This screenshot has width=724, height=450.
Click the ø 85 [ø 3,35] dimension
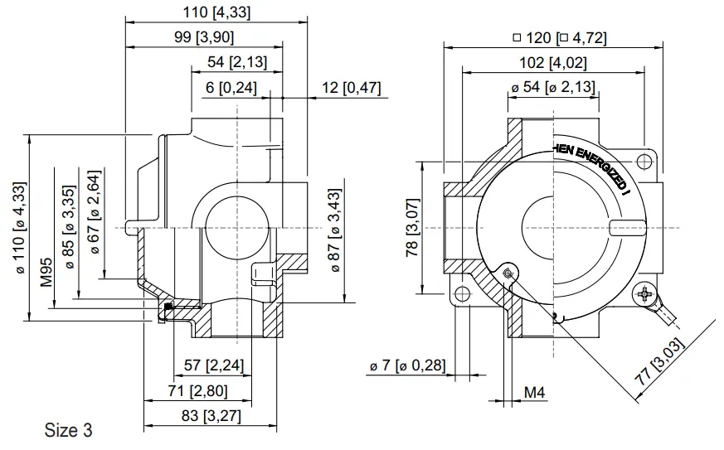coord(70,228)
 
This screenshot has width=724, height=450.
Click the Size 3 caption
coord(68,431)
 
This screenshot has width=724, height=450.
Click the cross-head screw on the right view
coord(644,293)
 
